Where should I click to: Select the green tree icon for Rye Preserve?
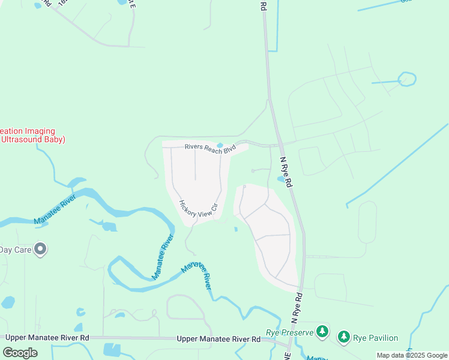tap(322, 331)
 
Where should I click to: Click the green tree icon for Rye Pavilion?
tap(344, 337)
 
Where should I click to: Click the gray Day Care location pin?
tap(40, 248)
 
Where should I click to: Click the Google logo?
tap(20, 353)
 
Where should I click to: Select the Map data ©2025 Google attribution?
tap(412, 355)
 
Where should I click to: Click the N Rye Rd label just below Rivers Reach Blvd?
tap(286, 172)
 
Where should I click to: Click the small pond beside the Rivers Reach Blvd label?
tap(220, 145)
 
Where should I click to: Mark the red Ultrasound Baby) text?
tap(32, 139)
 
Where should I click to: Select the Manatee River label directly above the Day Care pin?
tap(55, 209)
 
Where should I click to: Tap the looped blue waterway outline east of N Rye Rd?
tap(407, 79)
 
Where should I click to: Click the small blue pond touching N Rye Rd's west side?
tap(280, 179)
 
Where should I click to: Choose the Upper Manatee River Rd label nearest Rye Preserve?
tap(218, 340)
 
